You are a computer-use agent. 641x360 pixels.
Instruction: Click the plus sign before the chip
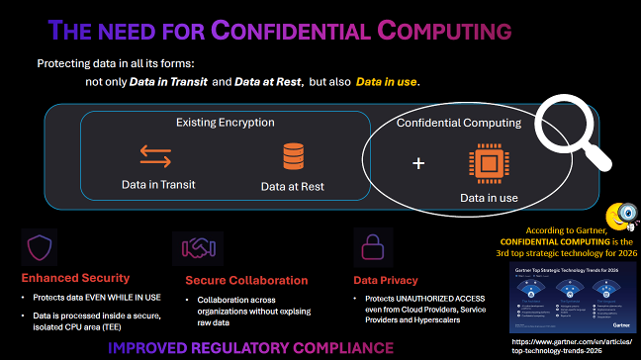pyautogui.click(x=418, y=163)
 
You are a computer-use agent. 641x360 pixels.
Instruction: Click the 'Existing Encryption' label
pyautogui.click(x=226, y=123)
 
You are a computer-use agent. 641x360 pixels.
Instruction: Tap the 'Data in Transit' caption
pyautogui.click(x=158, y=184)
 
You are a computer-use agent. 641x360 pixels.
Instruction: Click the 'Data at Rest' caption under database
pyautogui.click(x=293, y=185)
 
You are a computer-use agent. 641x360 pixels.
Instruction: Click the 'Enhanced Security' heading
pyautogui.click(x=69, y=279)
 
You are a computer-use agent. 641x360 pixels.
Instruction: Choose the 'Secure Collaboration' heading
pyautogui.click(x=238, y=280)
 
